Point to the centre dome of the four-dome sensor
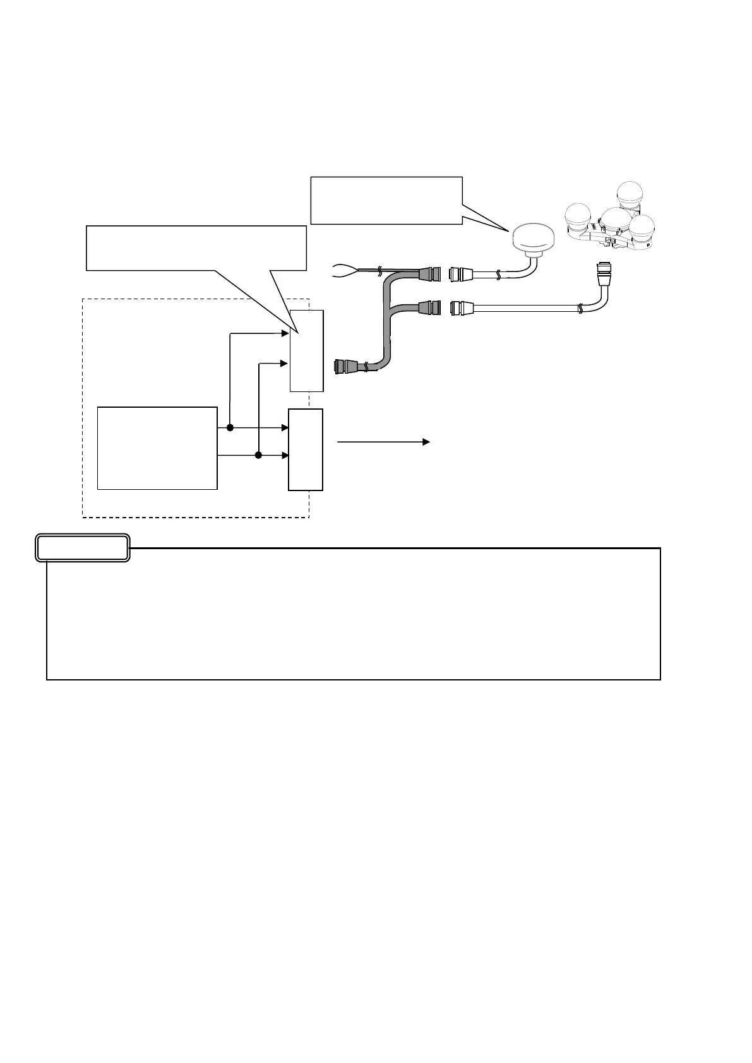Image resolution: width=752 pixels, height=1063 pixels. pyautogui.click(x=616, y=222)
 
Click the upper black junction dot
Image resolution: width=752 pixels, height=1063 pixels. pyautogui.click(x=230, y=427)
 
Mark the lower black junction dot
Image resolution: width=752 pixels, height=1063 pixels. pyautogui.click(x=258, y=455)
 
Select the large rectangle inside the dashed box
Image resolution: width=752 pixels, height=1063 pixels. pyautogui.click(x=157, y=448)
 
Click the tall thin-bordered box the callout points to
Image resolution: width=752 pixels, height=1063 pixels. pyautogui.click(x=307, y=351)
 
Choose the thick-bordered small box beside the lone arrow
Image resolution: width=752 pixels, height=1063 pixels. pyautogui.click(x=306, y=449)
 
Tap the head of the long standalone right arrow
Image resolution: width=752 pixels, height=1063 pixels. pyautogui.click(x=426, y=442)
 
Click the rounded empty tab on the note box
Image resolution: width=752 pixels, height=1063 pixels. pyautogui.click(x=83, y=548)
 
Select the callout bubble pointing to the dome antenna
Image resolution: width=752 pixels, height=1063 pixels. pyautogui.click(x=386, y=200)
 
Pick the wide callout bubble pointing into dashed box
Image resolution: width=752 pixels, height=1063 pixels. pyautogui.click(x=196, y=248)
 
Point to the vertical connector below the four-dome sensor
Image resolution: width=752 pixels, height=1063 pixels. pyautogui.click(x=603, y=274)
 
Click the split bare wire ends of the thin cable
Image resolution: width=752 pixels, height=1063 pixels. pyautogui.click(x=345, y=271)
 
